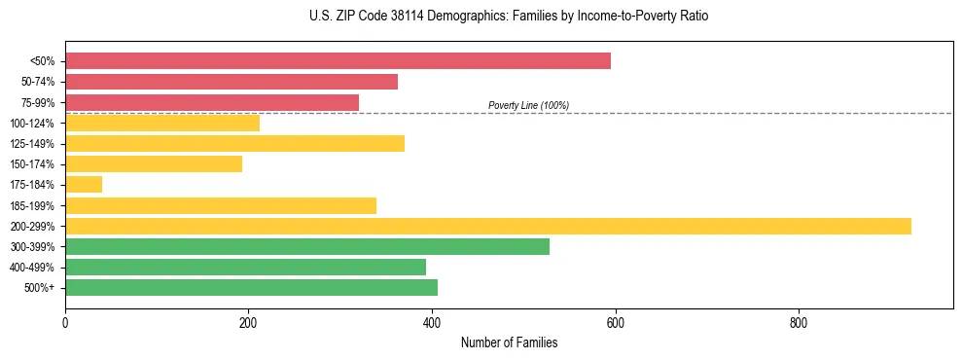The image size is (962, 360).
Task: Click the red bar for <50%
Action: point(338,60)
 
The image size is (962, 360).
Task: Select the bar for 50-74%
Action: point(232,82)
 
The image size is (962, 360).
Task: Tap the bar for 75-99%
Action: point(212,102)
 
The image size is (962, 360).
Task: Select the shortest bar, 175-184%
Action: point(84,185)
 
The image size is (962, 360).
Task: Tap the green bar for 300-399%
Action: point(307,246)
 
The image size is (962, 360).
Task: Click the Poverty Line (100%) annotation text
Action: point(528,105)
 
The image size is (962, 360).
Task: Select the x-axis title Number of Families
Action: point(509,343)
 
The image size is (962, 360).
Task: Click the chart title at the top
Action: point(509,17)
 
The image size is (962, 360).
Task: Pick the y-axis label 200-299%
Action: point(32,227)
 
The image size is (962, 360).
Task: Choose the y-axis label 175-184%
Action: point(32,185)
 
